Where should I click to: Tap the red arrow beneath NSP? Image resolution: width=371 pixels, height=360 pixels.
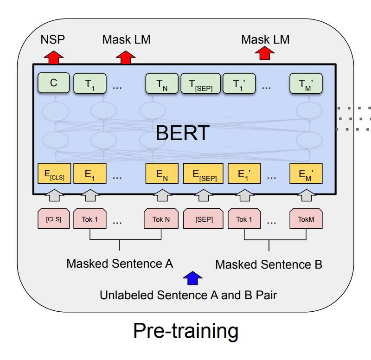(54, 57)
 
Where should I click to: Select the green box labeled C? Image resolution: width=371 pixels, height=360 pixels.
(54, 84)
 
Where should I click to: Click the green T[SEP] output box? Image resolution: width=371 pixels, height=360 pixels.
(200, 84)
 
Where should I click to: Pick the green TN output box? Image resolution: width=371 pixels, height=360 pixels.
(161, 84)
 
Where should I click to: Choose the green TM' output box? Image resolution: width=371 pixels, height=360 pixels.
(306, 84)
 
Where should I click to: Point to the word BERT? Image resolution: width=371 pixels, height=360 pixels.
(183, 133)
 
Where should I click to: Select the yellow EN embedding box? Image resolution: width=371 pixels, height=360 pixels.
(161, 174)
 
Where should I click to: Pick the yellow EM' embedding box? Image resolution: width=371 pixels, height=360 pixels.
(306, 174)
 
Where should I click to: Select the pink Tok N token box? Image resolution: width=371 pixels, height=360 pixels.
(161, 219)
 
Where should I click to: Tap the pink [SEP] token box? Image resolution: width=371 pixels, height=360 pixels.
(204, 219)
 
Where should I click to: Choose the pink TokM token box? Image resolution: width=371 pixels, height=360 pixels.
(306, 219)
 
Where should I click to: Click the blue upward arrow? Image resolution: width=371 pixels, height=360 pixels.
(192, 278)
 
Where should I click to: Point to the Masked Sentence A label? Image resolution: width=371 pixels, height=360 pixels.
(120, 264)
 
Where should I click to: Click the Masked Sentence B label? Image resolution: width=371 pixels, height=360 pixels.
(269, 265)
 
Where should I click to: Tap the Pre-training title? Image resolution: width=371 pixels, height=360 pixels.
(185, 331)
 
